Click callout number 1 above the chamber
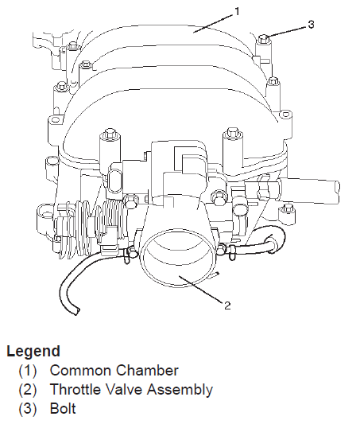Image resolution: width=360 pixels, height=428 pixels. point(237,11)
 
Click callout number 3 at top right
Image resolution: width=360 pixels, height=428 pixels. point(311,25)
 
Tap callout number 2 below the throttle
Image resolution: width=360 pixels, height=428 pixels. point(227,305)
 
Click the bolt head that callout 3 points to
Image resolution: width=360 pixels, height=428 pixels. point(264,38)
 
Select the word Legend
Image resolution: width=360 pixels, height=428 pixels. point(33,352)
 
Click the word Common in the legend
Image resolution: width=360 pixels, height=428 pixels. point(81,371)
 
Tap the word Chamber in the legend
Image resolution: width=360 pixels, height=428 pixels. point(147,371)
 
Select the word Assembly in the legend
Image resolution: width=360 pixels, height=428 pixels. point(180,391)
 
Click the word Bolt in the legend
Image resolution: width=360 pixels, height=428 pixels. point(63,409)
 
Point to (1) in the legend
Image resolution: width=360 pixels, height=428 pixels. point(28,371)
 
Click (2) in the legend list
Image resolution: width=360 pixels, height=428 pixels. point(28,390)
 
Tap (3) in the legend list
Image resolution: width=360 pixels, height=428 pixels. point(28,409)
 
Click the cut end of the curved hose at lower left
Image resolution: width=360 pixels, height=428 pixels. point(75,311)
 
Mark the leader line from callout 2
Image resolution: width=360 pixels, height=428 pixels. point(201,289)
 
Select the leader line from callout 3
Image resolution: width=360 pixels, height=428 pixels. point(286,31)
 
